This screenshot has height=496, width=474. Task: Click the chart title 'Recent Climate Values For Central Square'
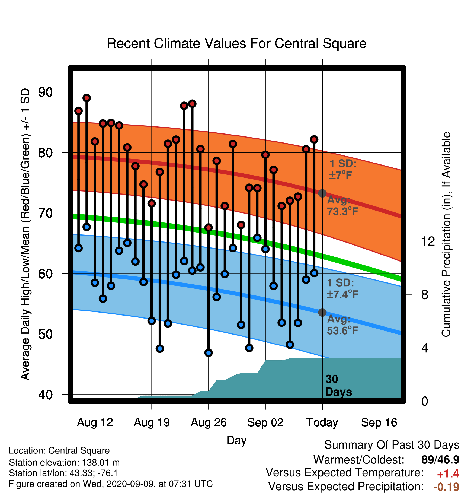point(236,43)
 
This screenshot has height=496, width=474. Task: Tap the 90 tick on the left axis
point(45,92)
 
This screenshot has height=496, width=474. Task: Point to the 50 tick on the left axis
point(45,334)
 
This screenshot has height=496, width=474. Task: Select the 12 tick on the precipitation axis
point(428,241)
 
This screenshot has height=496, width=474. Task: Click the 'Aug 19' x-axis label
point(152,422)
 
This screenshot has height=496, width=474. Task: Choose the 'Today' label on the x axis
point(322,422)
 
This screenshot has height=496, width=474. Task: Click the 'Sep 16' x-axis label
point(379,422)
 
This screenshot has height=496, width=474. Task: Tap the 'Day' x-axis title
point(236,441)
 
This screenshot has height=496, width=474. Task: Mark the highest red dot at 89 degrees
point(87,98)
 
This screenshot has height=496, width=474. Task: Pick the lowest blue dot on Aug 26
point(209,353)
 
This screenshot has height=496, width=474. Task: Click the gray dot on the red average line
point(322,193)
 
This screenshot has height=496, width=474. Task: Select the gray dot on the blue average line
point(322,312)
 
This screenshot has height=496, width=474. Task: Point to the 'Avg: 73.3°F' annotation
point(342,206)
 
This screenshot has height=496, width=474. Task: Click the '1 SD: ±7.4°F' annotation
point(342,288)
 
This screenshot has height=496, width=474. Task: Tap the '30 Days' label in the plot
point(338,386)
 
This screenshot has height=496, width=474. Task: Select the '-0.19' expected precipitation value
point(446,487)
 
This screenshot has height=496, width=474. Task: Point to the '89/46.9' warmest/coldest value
point(440,460)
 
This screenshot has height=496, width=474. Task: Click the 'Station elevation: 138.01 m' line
point(64,462)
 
